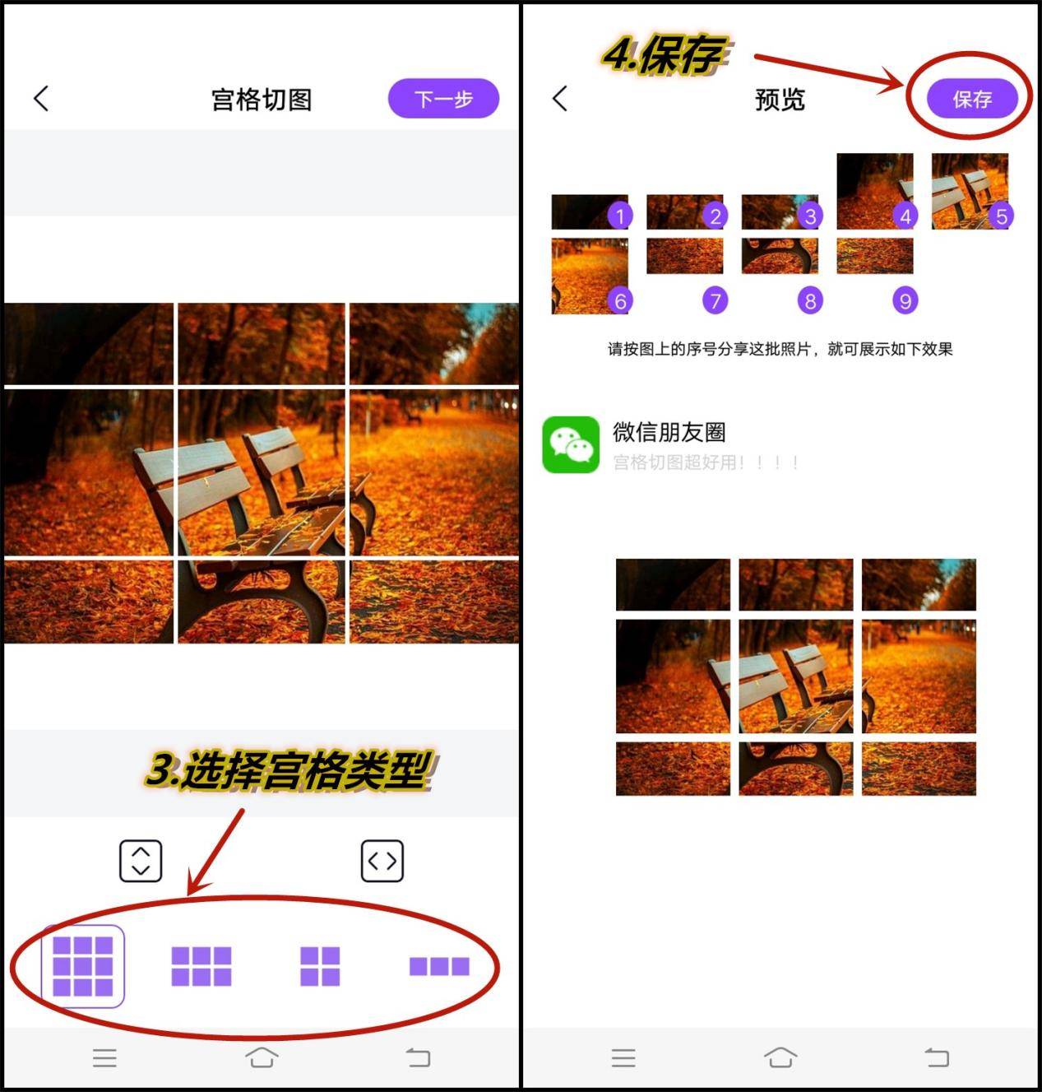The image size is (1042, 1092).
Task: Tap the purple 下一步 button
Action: click(x=443, y=99)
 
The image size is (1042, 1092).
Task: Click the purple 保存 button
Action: click(x=972, y=99)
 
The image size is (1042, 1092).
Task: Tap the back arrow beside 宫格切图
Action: click(x=41, y=99)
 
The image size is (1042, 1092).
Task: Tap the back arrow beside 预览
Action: click(x=560, y=99)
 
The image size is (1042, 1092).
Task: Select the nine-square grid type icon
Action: click(x=83, y=966)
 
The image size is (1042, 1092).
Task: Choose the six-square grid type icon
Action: click(x=201, y=966)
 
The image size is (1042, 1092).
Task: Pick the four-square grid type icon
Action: click(x=320, y=966)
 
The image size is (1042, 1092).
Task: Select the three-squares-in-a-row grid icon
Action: click(x=439, y=966)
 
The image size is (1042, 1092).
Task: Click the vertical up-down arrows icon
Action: click(x=141, y=861)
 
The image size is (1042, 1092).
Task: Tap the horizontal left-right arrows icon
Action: click(x=382, y=861)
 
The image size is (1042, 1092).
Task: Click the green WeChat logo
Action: click(x=571, y=444)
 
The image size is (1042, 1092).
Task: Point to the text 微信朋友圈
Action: click(x=669, y=432)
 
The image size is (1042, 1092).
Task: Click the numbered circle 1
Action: click(x=620, y=216)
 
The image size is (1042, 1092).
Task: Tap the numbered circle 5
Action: click(x=1001, y=216)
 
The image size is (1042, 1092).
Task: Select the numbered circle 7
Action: click(x=715, y=301)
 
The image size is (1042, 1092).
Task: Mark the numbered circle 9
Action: click(x=905, y=301)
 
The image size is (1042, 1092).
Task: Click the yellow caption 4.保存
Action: click(x=665, y=56)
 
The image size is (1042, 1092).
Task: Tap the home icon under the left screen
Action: click(x=262, y=1057)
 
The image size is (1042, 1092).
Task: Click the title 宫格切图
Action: click(x=262, y=100)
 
